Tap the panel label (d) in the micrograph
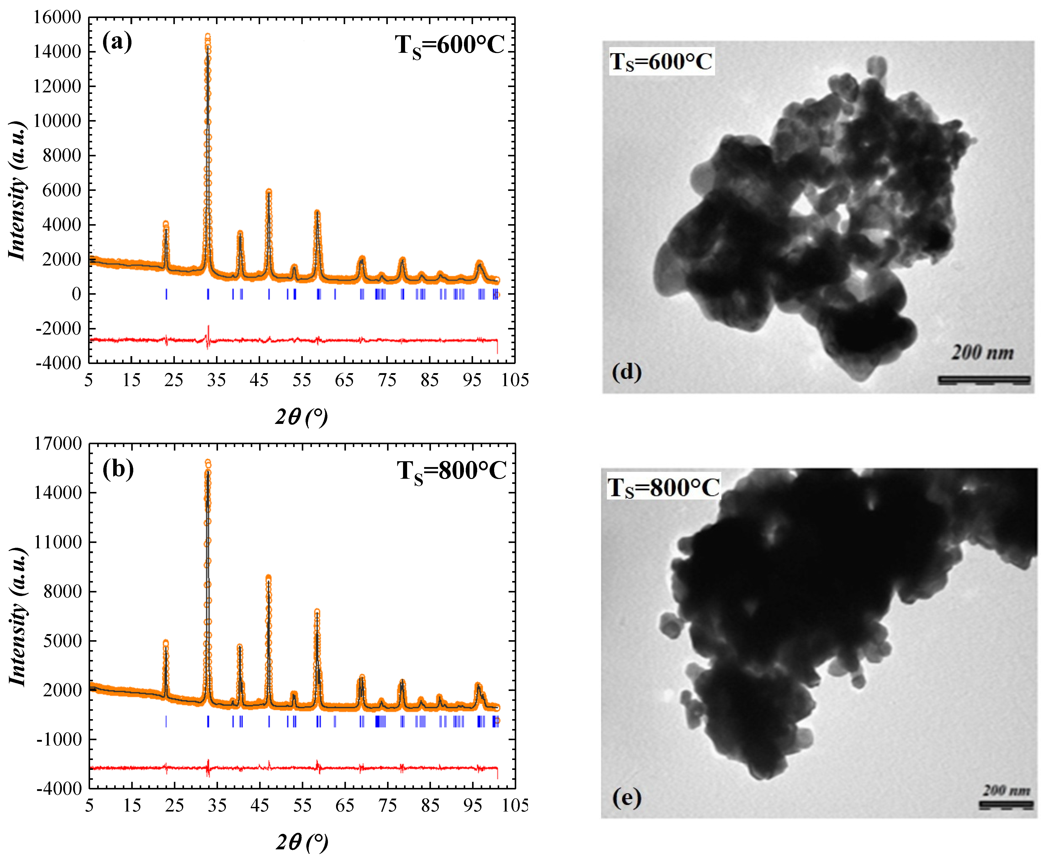[x=627, y=372]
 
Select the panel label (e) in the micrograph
[x=627, y=798]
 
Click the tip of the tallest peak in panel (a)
[x=208, y=36]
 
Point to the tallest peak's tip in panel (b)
[x=208, y=462]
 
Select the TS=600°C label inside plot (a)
[x=449, y=46]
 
